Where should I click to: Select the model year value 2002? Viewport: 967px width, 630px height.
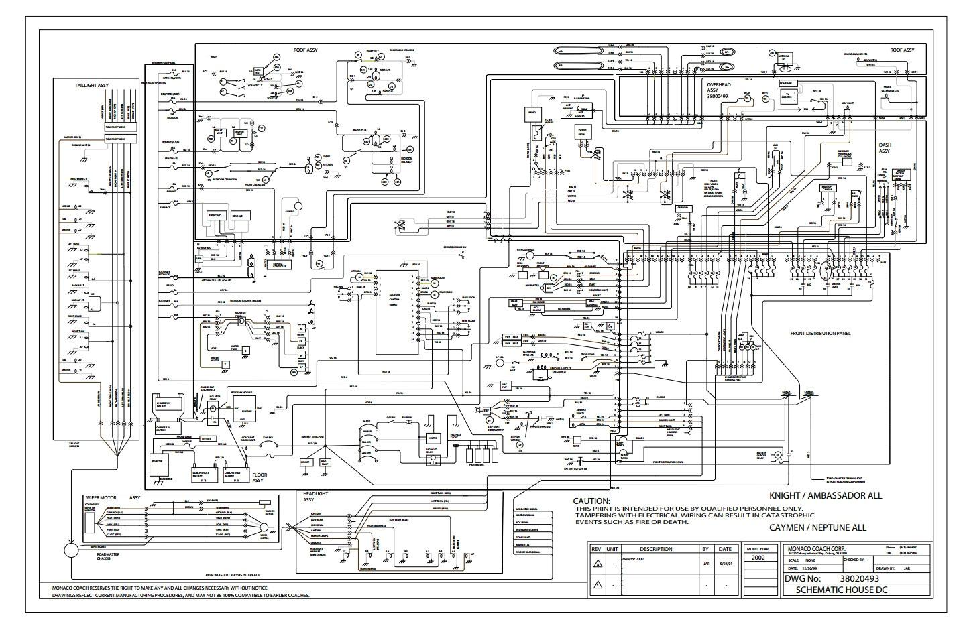758,557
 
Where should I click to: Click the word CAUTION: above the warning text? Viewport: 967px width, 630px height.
591,501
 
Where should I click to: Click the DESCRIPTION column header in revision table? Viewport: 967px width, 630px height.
656,548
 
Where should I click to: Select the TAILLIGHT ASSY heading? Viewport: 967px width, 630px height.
93,86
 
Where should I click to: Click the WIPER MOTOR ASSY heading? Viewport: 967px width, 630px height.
112,498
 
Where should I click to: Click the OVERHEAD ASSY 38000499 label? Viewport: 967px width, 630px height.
723,90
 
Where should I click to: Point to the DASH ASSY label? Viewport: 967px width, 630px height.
889,148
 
